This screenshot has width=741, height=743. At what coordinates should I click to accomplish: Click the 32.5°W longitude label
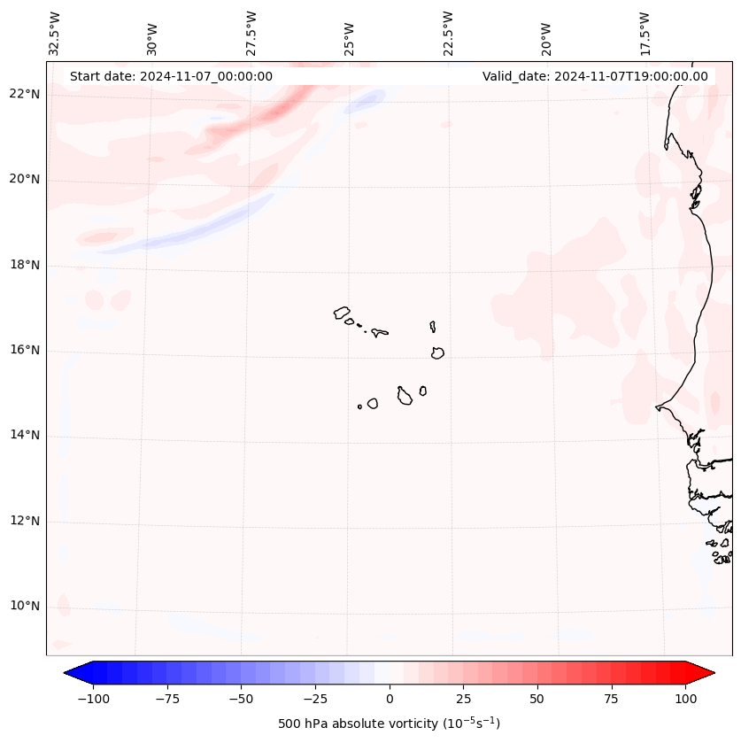55,34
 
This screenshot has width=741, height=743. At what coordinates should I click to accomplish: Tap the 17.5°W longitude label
645,34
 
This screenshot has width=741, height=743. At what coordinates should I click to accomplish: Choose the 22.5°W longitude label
448,34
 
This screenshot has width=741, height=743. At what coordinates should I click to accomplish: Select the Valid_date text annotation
595,76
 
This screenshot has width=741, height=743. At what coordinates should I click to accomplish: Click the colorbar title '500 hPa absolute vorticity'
389,724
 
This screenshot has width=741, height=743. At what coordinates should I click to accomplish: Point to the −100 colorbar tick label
93,700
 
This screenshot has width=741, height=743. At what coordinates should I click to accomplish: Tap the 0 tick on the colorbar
390,700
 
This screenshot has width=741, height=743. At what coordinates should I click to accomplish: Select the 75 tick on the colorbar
612,700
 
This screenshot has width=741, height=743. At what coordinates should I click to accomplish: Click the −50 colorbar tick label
241,700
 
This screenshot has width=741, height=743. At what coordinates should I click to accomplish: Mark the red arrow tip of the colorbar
706,674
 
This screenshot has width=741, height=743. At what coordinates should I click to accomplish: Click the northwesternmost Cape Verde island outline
342,313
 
